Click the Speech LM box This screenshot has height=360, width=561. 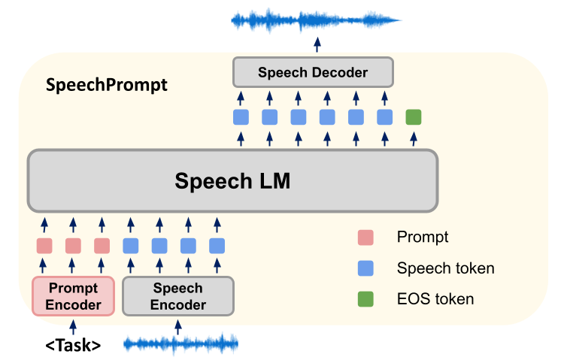click(x=232, y=180)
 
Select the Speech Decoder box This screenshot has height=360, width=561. click(x=312, y=73)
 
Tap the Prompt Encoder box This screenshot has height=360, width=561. click(x=73, y=295)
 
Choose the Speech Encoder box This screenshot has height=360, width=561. click(x=178, y=295)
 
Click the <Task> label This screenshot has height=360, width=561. click(x=73, y=345)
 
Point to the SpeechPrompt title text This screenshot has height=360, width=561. click(x=106, y=84)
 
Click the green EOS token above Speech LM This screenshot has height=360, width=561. click(x=413, y=116)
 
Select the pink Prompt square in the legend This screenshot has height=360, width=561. click(x=365, y=237)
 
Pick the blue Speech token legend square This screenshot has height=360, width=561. click(x=365, y=268)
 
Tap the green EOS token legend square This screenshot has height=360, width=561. click(x=365, y=299)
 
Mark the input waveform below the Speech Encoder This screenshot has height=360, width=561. click(x=180, y=345)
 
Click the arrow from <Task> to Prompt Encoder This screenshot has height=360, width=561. click(x=73, y=325)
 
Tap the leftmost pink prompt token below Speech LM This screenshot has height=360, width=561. click(x=44, y=246)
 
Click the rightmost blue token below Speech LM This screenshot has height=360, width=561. click(x=217, y=246)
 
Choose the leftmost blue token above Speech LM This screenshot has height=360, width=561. click(x=241, y=116)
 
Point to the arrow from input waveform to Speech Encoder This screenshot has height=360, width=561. click(x=178, y=325)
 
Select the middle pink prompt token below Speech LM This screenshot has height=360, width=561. click(x=73, y=246)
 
